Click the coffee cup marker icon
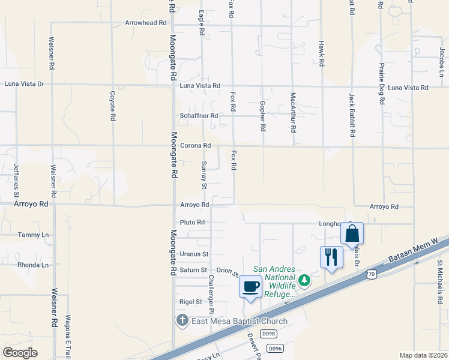point(250,286)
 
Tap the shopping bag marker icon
point(352,233)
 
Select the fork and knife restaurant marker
point(331,257)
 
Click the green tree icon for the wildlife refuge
point(304,280)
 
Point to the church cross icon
point(182,321)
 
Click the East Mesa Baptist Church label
point(239,321)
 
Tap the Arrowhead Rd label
point(137,23)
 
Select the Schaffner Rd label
point(199,116)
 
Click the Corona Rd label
point(195,146)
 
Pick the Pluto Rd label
point(192,222)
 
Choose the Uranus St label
point(193,254)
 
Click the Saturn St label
point(193,271)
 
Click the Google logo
point(20,353)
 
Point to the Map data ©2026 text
point(423,355)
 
